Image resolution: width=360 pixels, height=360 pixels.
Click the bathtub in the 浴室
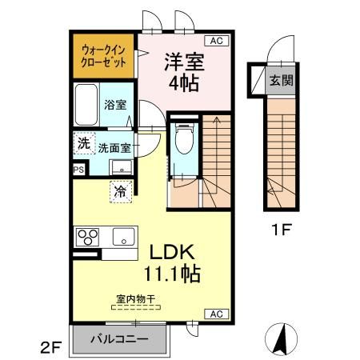(x=86, y=103)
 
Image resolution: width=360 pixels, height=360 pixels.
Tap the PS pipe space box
(x=78, y=170)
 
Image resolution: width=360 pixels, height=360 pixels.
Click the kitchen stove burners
(x=86, y=238)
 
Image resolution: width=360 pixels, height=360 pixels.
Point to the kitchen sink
(x=123, y=237)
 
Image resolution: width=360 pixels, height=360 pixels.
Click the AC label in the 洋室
(x=216, y=41)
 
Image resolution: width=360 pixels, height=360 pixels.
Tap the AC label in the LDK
(x=216, y=314)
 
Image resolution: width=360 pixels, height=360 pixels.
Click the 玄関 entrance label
(x=278, y=80)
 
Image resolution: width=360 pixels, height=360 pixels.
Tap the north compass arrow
(x=282, y=339)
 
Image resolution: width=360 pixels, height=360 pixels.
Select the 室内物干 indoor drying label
(x=134, y=300)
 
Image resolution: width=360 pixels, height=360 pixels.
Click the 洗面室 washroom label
(x=114, y=148)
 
